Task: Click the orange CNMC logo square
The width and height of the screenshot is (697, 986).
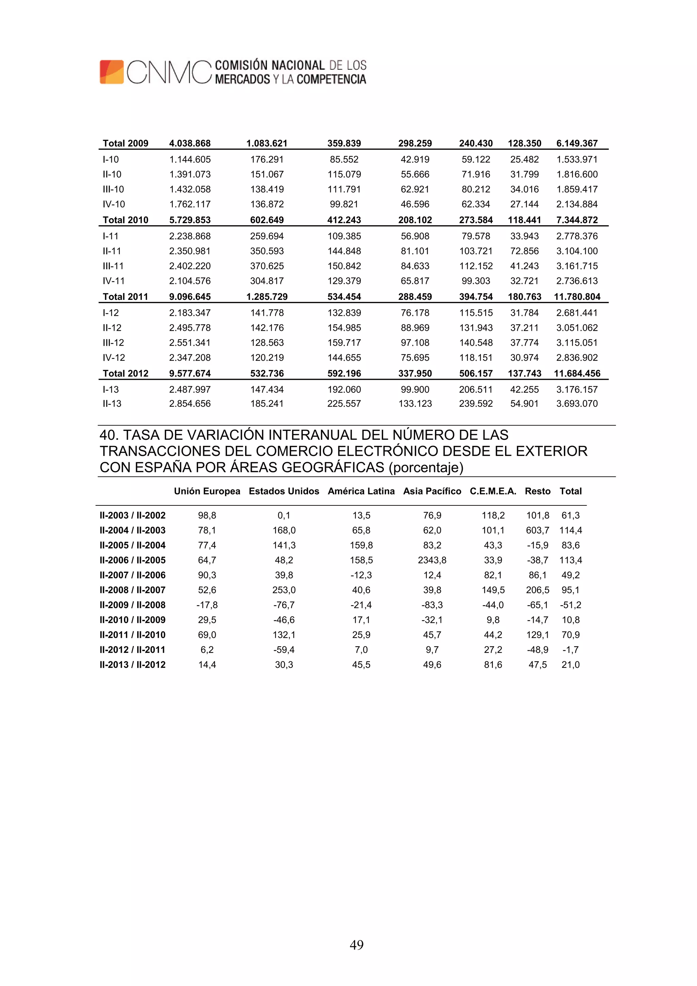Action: point(112,72)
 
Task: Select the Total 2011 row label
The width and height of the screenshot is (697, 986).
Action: point(125,296)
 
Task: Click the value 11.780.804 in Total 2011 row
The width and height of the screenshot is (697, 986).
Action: point(577,296)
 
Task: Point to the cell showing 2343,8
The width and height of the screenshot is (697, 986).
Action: point(432,560)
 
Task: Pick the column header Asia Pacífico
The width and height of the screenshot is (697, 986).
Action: point(432,491)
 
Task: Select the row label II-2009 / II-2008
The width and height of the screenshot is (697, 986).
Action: point(132,605)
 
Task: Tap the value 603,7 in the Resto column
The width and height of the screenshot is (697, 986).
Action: point(537,530)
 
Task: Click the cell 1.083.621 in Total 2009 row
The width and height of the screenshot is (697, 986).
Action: point(267,143)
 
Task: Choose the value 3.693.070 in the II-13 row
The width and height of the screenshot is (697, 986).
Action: point(577,403)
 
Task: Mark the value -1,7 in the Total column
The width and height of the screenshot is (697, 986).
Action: point(570,649)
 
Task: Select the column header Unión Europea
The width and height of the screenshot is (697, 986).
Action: point(207,491)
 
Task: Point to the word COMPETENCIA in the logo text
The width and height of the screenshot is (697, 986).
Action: point(331,79)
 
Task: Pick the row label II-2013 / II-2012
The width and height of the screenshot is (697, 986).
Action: point(132,664)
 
